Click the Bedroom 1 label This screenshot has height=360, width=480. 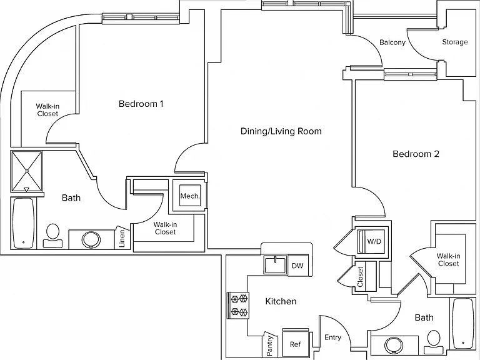(x=141, y=104)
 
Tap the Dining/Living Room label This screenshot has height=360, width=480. (x=281, y=131)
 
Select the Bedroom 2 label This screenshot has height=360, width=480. (x=416, y=154)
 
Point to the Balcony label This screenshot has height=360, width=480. (x=392, y=42)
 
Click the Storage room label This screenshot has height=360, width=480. (x=455, y=42)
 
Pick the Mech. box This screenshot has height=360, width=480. (x=190, y=196)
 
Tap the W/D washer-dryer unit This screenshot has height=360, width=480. (x=371, y=241)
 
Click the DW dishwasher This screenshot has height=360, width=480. (x=297, y=266)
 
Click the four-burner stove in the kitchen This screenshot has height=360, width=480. (x=238, y=305)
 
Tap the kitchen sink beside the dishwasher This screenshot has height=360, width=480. (x=276, y=265)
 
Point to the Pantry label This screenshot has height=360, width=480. (x=270, y=346)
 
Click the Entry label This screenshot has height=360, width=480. (x=332, y=337)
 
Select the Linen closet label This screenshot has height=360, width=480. (x=122, y=239)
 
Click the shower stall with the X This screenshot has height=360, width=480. (x=27, y=171)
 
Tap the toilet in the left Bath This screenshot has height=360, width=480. (x=52, y=235)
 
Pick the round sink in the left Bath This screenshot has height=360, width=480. (x=91, y=240)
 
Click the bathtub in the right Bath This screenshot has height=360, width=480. (x=463, y=324)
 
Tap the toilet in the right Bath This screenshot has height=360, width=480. (x=434, y=342)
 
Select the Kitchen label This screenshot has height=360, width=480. (x=281, y=301)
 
